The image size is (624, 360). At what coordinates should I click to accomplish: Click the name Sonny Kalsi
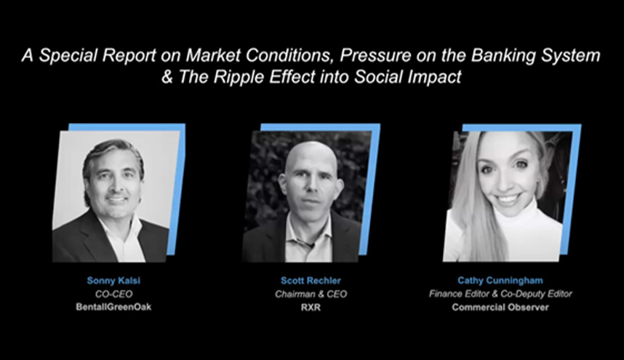[x=113, y=281]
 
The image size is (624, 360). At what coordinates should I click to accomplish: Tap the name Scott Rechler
[x=311, y=281]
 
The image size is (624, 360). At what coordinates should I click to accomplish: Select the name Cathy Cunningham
[x=500, y=281]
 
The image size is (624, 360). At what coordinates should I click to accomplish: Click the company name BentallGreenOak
[x=113, y=307]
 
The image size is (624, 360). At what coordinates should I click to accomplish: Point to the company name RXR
[x=311, y=307]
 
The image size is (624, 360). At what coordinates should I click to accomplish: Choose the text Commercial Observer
[x=500, y=307]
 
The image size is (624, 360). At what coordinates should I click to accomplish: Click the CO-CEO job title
[x=113, y=294]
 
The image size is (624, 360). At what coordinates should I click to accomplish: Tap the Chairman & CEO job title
[x=311, y=294]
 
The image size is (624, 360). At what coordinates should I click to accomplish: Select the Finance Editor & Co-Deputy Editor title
[x=500, y=294]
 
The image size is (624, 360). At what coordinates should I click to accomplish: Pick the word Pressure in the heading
[x=375, y=55]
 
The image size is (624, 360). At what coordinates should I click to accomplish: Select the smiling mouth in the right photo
[x=508, y=199]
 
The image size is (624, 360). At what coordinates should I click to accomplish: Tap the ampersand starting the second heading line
[x=167, y=76]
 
